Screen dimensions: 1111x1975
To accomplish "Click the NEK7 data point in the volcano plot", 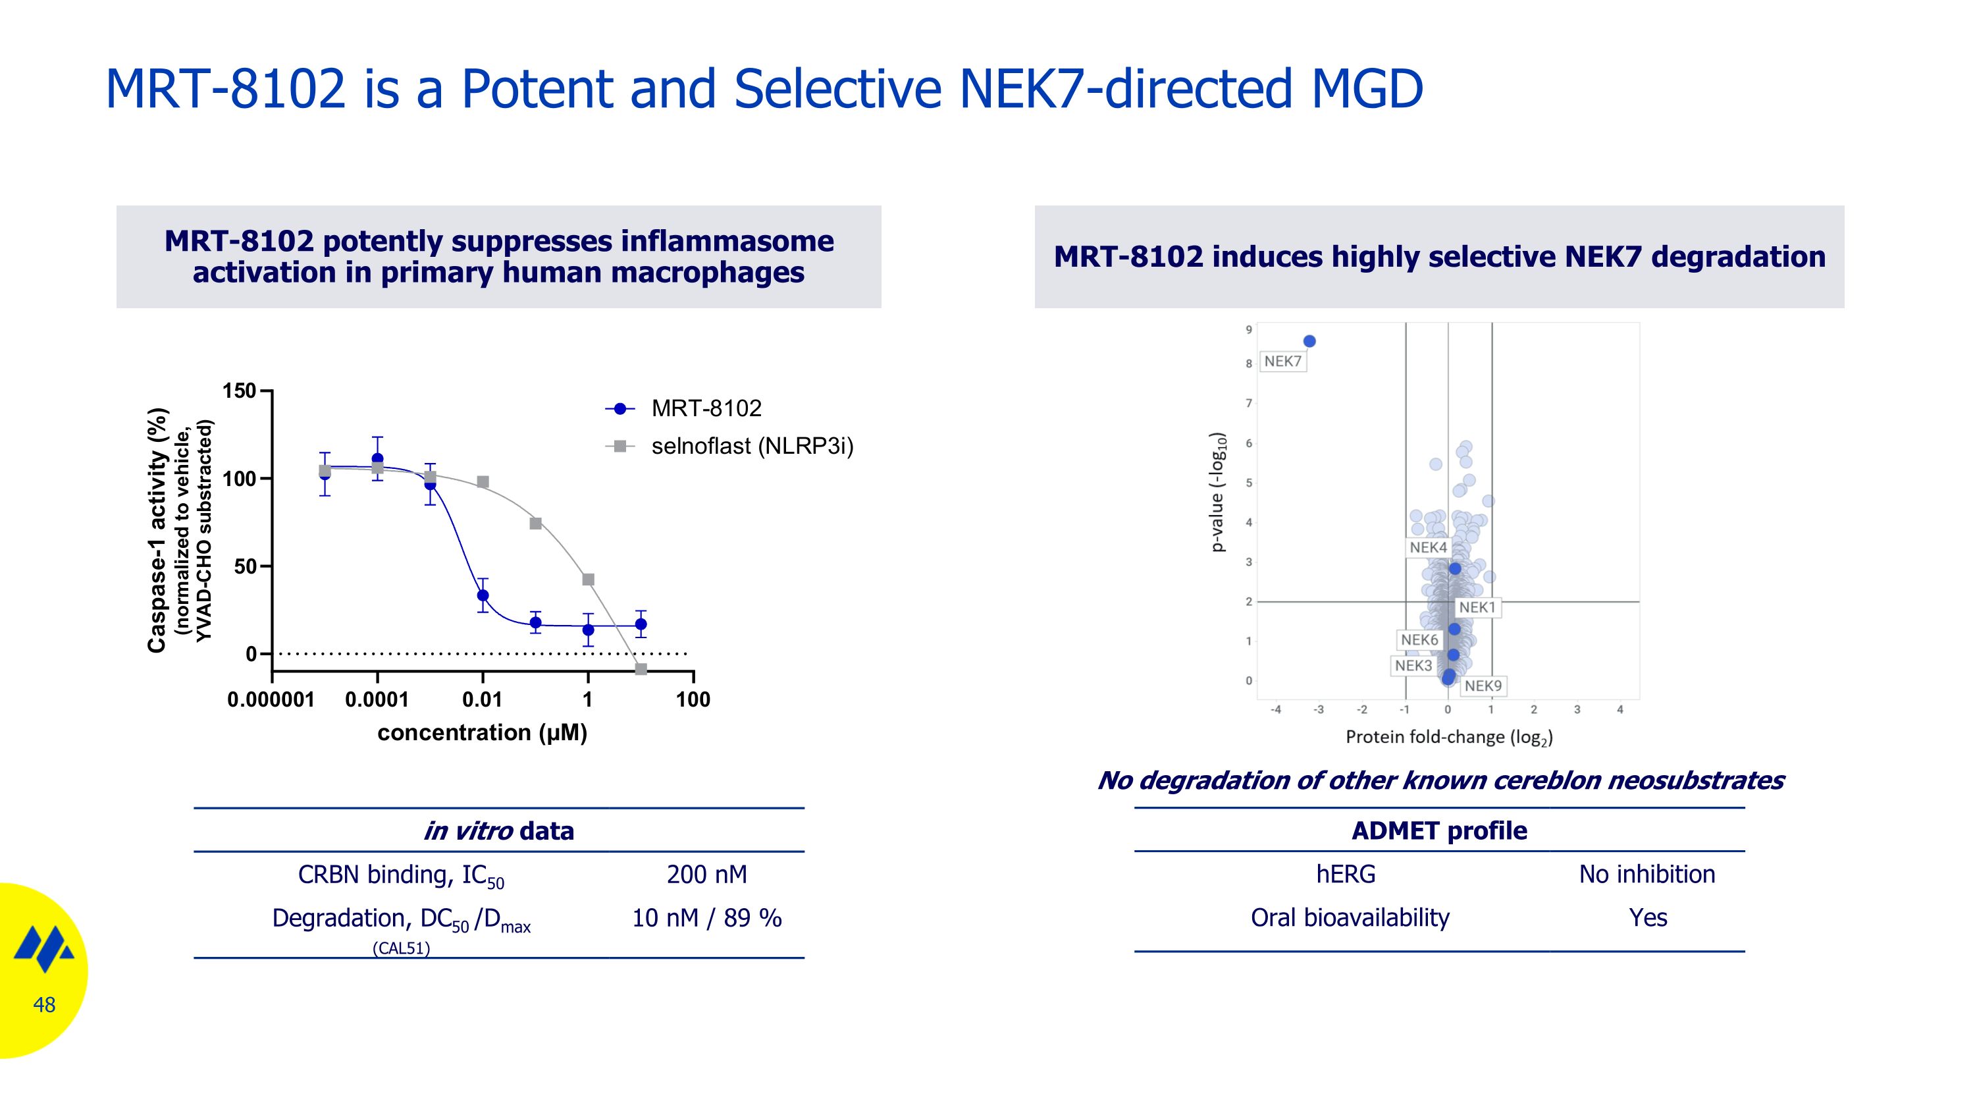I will [x=1309, y=341].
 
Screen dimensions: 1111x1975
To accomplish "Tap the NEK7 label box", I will [x=1282, y=361].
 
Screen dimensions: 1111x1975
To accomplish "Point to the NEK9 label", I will [x=1483, y=686].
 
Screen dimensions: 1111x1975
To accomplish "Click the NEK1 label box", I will [x=1477, y=607].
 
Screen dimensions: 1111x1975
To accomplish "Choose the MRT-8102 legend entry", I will [x=705, y=409].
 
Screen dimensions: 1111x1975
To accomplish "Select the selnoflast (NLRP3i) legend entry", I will [x=751, y=447].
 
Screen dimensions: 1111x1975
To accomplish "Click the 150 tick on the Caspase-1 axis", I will [x=238, y=391].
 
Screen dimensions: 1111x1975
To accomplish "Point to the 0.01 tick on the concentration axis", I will [x=483, y=699].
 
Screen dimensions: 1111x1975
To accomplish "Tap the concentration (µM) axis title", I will [x=483, y=733].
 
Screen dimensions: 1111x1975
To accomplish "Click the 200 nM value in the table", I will [x=706, y=874].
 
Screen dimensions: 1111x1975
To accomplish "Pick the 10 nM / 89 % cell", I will [x=706, y=918].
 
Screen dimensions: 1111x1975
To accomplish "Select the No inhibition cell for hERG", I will [x=1647, y=874].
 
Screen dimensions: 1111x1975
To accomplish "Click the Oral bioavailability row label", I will [x=1350, y=918].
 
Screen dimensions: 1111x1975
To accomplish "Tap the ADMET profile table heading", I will [x=1439, y=830].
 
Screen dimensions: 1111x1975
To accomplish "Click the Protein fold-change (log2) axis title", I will [x=1449, y=737].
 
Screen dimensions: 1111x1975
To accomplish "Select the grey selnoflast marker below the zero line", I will [x=641, y=669].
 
